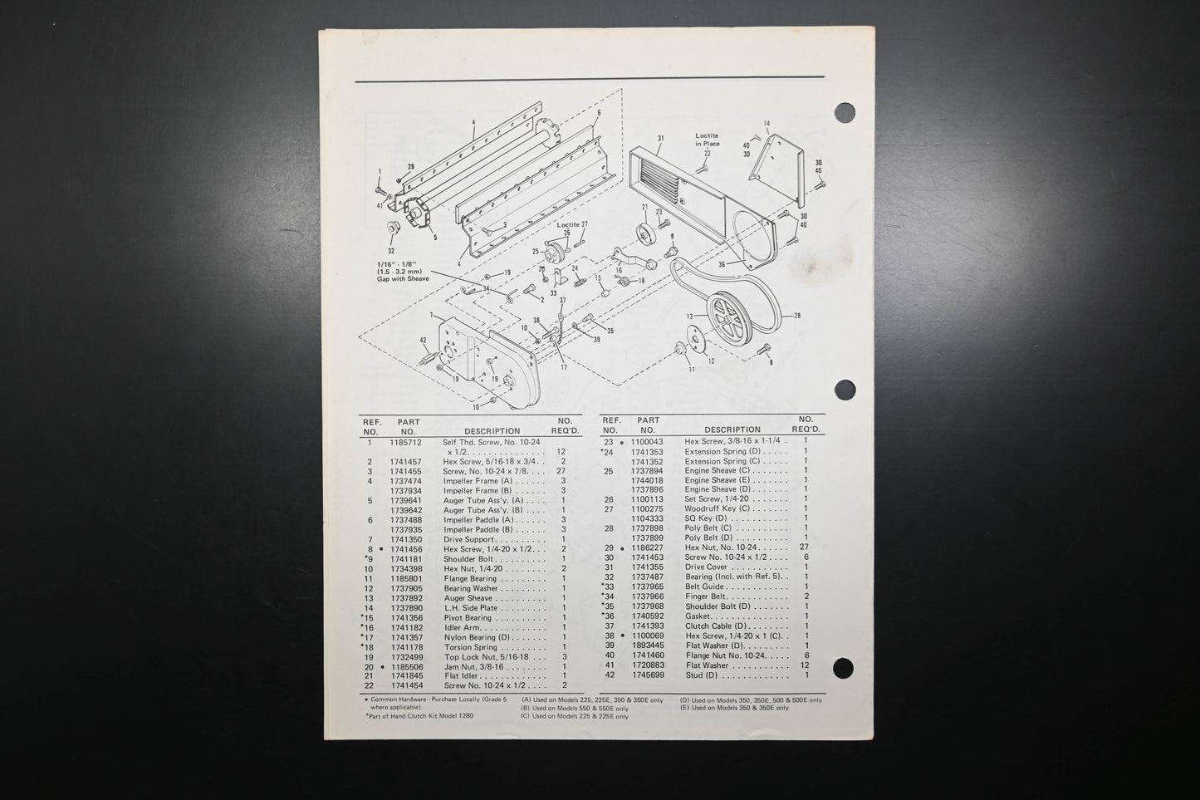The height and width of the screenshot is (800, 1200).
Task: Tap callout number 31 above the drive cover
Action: (661, 139)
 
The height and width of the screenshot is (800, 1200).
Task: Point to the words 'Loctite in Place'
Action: (708, 140)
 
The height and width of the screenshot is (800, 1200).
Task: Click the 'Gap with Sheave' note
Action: (403, 279)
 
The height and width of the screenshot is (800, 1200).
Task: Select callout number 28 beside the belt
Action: (797, 316)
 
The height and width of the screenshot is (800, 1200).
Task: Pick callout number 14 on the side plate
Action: (767, 124)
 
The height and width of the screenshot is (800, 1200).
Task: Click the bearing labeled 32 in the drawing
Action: (392, 228)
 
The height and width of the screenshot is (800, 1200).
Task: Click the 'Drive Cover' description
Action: (706, 567)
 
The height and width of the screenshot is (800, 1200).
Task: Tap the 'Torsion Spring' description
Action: (470, 647)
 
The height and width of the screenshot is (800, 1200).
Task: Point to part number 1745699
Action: (647, 675)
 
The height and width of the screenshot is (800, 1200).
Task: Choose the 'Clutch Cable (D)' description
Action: (716, 626)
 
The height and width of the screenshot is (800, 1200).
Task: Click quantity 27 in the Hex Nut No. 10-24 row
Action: (803, 547)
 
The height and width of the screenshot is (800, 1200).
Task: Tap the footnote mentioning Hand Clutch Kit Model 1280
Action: (419, 715)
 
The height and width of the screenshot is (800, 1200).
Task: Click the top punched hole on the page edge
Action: (845, 113)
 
